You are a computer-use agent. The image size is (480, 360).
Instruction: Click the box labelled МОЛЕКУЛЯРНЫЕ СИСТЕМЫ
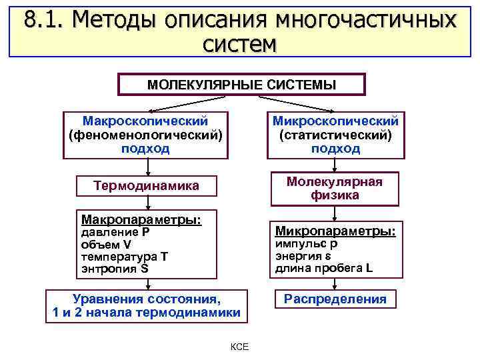[x=241, y=85]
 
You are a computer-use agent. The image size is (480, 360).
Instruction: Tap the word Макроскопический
[x=145, y=121]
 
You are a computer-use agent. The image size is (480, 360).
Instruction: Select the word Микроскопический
[x=335, y=121]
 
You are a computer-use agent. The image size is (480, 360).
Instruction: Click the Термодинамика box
[x=146, y=185]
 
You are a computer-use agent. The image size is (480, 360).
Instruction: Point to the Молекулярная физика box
[x=335, y=189]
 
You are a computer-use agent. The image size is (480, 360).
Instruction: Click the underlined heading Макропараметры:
[x=141, y=219]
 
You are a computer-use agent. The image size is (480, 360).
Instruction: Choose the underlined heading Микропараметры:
[x=335, y=231]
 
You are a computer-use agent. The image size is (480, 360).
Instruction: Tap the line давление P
[x=115, y=233]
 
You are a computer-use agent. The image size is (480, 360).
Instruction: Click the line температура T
[x=125, y=257]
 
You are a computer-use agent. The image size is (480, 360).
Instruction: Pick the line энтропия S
[x=114, y=269]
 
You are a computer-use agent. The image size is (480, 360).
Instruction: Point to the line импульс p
[x=307, y=244]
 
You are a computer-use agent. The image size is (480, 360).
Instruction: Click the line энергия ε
[x=303, y=256]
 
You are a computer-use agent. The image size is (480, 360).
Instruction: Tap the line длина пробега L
[x=324, y=268]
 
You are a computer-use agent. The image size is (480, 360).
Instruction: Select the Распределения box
[x=335, y=299]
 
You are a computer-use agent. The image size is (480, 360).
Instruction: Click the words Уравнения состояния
[x=146, y=299]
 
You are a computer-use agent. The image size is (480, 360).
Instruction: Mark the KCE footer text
[x=239, y=347]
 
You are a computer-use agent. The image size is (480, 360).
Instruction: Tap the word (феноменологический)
[x=145, y=135]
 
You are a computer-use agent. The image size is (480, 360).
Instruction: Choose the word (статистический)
[x=335, y=135]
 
